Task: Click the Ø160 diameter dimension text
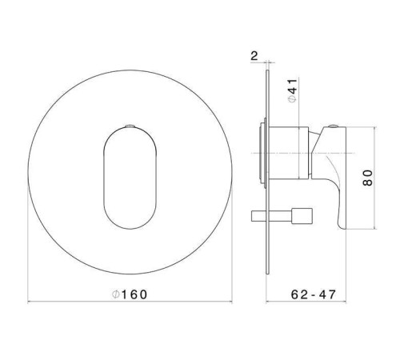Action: click(130, 294)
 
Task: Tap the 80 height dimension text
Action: click(367, 178)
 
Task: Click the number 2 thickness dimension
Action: click(254, 57)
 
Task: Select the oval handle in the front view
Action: click(128, 171)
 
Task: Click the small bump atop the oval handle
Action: click(128, 126)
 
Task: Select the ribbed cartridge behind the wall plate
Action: click(261, 151)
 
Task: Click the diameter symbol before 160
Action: click(116, 294)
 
